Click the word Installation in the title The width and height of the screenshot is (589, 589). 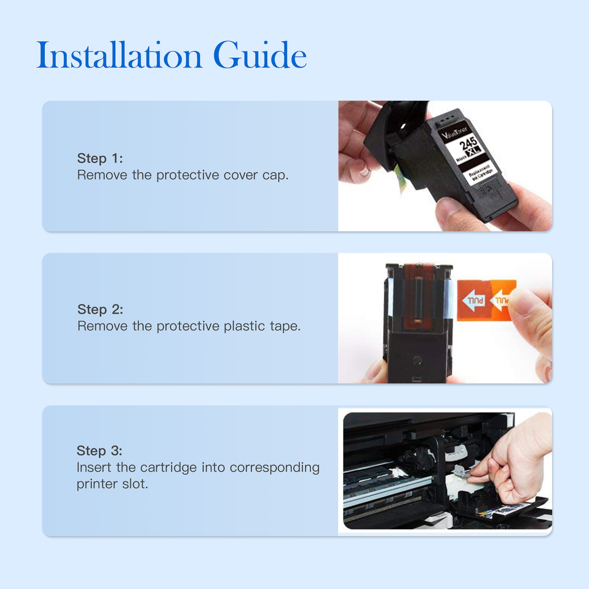pyautogui.click(x=119, y=55)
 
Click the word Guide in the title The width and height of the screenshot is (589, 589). pyautogui.click(x=260, y=55)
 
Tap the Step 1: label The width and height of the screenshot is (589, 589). pyautogui.click(x=100, y=158)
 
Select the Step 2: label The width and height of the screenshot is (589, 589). pyautogui.click(x=100, y=309)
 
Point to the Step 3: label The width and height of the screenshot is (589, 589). pyautogui.click(x=99, y=451)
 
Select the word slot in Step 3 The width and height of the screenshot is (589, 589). pyautogui.click(x=135, y=484)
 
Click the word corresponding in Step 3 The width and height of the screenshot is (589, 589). pyautogui.click(x=274, y=468)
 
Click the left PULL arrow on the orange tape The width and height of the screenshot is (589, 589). pyautogui.click(x=474, y=301)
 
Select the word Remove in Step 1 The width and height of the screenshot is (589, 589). pyautogui.click(x=102, y=175)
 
